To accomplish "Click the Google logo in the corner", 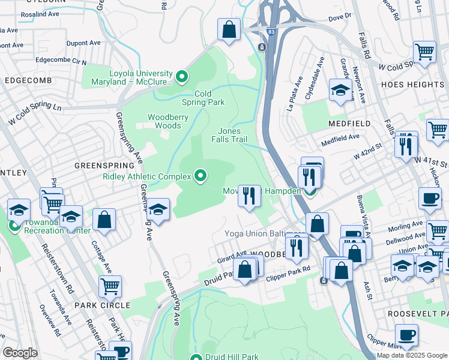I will point(20,353).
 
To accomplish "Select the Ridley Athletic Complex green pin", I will point(200,176).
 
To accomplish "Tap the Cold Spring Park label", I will point(203,98).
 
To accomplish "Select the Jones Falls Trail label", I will point(229,135).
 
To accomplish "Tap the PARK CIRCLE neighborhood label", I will point(102,305).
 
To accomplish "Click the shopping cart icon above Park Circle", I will point(110,286).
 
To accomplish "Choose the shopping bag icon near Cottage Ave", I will point(104,220).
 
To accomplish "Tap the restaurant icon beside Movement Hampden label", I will point(249,195).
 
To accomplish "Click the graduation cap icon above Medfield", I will point(340,91).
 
